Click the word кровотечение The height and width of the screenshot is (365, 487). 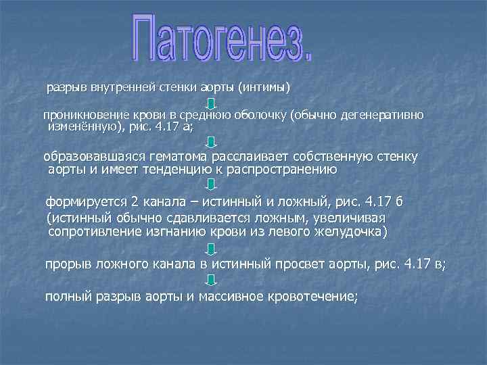311,296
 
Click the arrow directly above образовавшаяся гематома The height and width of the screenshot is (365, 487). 212,141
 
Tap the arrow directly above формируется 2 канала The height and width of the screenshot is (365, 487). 212,184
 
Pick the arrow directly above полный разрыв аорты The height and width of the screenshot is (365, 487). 212,280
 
